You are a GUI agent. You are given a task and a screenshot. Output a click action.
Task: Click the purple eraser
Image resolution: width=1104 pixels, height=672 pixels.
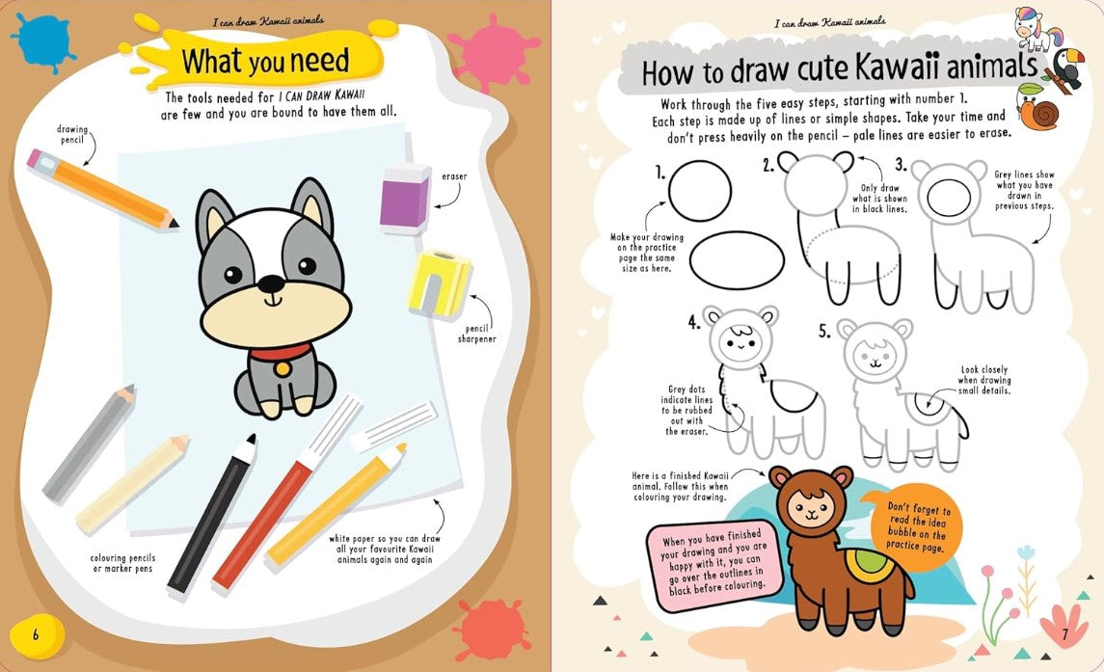[x=405, y=201]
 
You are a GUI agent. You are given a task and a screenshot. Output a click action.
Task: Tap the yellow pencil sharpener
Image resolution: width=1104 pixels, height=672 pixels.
[x=440, y=283]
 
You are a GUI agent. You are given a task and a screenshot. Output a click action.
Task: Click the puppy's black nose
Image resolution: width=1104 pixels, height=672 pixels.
[x=273, y=283]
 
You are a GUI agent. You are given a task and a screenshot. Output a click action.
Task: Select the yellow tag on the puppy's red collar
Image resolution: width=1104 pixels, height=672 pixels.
[x=283, y=367]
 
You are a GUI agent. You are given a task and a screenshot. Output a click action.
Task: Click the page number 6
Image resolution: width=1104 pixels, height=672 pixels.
[x=36, y=634]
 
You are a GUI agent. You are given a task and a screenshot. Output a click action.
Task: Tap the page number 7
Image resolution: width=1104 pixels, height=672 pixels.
[x=1065, y=633]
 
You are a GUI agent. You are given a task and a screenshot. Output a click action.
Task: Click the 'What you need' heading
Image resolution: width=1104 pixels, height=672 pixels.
[x=265, y=62]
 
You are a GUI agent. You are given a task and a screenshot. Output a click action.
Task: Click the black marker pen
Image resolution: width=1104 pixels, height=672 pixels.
[x=212, y=516]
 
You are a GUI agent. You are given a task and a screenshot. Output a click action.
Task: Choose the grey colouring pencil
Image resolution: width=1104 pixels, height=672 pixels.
[x=88, y=443]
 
